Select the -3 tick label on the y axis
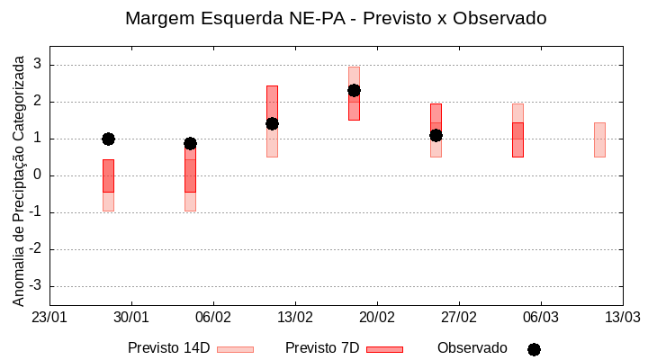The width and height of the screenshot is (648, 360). tap(37, 286)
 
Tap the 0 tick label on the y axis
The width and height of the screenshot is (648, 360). tap(39, 175)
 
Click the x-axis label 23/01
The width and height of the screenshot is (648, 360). tap(49, 318)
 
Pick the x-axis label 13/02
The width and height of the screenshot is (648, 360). tap(295, 318)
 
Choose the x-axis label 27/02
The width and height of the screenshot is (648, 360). tap(459, 318)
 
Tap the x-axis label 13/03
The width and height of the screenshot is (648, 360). tap(622, 318)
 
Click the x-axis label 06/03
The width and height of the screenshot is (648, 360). tap(540, 318)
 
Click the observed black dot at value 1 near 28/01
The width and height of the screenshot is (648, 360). tap(108, 139)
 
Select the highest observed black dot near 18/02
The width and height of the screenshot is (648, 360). tap(354, 90)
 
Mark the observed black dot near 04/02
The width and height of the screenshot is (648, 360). tap(190, 143)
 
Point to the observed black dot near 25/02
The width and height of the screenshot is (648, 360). tap(436, 135)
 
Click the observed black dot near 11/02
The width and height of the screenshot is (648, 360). tap(272, 123)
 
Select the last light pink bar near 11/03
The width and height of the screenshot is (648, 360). tap(599, 139)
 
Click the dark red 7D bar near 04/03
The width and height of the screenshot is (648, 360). tap(517, 139)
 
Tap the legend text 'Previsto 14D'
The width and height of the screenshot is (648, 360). tap(168, 348)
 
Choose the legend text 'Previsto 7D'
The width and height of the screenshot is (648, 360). tap(322, 348)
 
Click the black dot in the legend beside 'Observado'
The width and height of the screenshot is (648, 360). tap(534, 349)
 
